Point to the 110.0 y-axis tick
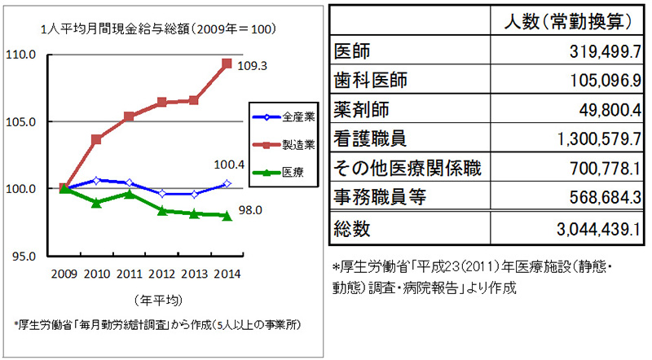pos(23,55)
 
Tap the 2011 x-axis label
pos(130,274)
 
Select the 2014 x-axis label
pos(227,274)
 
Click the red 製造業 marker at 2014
pos(227,63)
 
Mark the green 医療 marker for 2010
pos(97,203)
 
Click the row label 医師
pos(353,52)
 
